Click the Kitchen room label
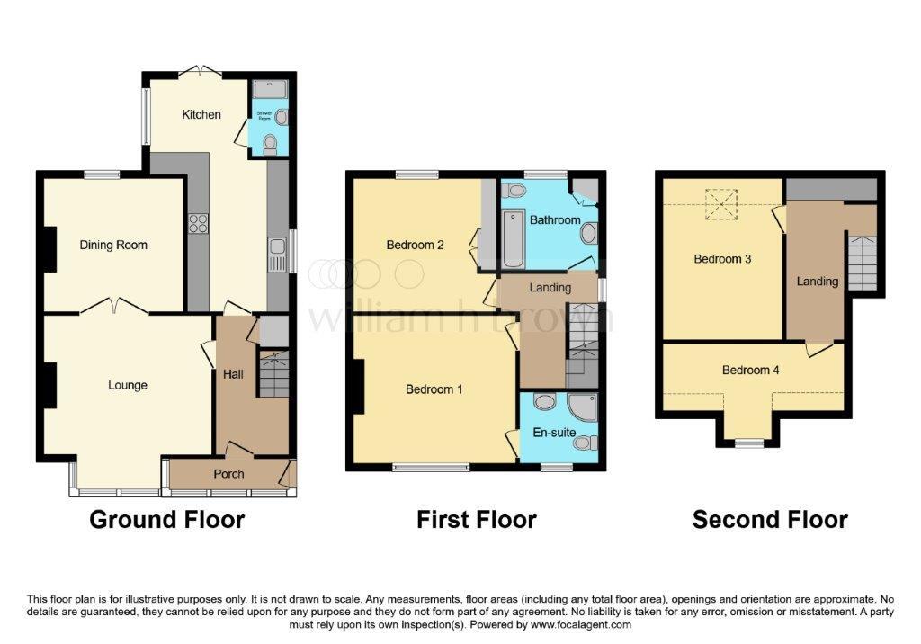201,114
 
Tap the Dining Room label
113,245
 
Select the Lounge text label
128,385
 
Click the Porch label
228,474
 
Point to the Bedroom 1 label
434,389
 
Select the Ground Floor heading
167,520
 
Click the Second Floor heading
770,520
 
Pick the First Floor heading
477,520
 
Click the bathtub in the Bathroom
513,238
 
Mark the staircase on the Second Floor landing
862,262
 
